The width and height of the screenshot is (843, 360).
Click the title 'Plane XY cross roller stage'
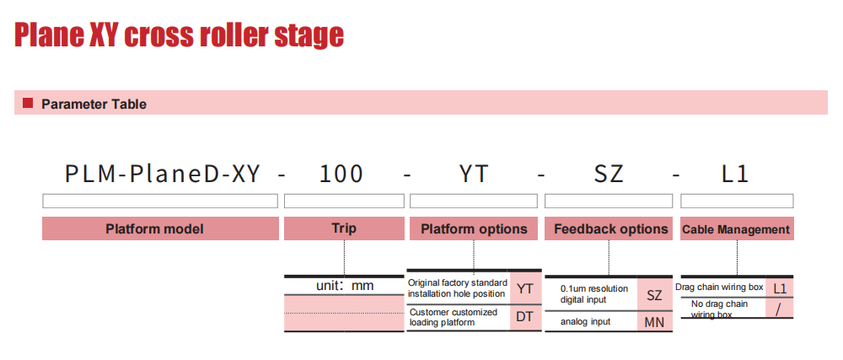click(x=179, y=35)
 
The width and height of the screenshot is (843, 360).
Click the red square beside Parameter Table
click(x=28, y=103)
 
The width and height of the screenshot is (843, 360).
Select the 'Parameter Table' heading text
click(x=94, y=105)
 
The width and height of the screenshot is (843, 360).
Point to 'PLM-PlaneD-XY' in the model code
click(x=163, y=174)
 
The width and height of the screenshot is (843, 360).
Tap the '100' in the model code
click(x=341, y=174)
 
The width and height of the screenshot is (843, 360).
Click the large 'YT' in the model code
click(x=473, y=174)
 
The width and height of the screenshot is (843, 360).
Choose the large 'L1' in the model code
click(x=735, y=174)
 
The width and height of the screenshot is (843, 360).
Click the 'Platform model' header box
click(x=160, y=228)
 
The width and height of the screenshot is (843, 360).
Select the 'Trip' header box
click(x=344, y=228)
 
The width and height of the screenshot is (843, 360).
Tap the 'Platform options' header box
click(x=474, y=228)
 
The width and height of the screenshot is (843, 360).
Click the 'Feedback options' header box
click(x=609, y=228)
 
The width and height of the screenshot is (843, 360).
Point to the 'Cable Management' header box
click(x=737, y=228)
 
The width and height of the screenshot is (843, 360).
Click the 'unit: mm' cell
click(x=344, y=286)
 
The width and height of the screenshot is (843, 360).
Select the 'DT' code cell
click(x=524, y=317)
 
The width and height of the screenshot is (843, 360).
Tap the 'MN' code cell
click(x=654, y=321)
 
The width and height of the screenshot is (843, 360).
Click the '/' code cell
click(x=780, y=308)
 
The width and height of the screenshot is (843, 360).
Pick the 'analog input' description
click(x=586, y=322)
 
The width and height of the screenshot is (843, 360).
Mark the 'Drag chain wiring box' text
click(x=719, y=287)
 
